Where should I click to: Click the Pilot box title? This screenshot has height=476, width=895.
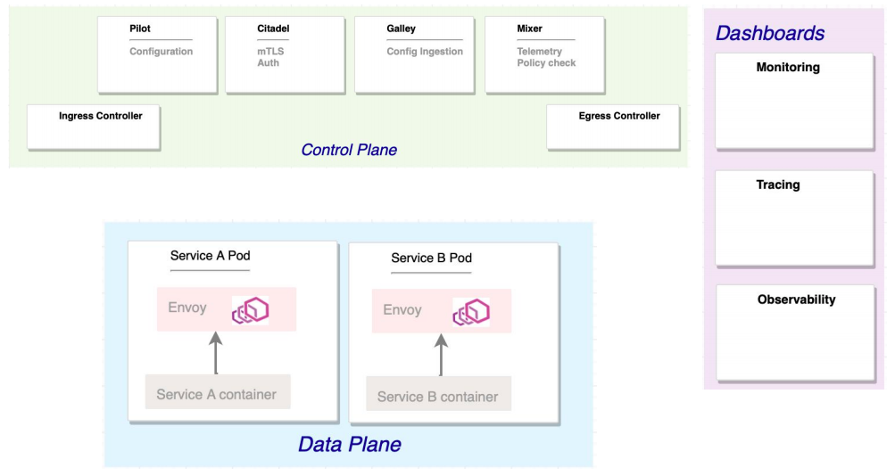(140, 29)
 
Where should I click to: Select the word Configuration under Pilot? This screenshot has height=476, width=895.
(161, 52)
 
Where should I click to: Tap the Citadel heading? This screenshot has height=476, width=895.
(273, 29)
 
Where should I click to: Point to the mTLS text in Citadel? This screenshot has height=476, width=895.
(269, 52)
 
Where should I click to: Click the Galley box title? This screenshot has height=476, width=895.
(401, 29)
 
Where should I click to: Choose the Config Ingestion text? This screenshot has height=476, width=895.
(425, 52)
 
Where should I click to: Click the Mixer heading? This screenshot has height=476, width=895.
(529, 29)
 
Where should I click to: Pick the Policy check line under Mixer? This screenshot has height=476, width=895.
(546, 63)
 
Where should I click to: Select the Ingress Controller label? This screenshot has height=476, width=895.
(101, 116)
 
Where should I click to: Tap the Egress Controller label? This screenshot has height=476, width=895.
(619, 116)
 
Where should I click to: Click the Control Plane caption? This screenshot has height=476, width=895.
(349, 150)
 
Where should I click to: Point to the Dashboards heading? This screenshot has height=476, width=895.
(770, 34)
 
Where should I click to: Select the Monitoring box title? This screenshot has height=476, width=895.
(788, 68)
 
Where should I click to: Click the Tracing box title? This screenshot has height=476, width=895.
(778, 185)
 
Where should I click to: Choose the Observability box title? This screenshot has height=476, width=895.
(796, 300)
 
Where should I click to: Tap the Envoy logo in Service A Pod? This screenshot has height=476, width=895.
(251, 310)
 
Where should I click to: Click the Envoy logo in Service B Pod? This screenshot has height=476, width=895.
(471, 312)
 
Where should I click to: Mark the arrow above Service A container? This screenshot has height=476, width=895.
(214, 354)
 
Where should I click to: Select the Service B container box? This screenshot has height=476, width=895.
(438, 397)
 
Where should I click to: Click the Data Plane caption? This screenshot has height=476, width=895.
(349, 444)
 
